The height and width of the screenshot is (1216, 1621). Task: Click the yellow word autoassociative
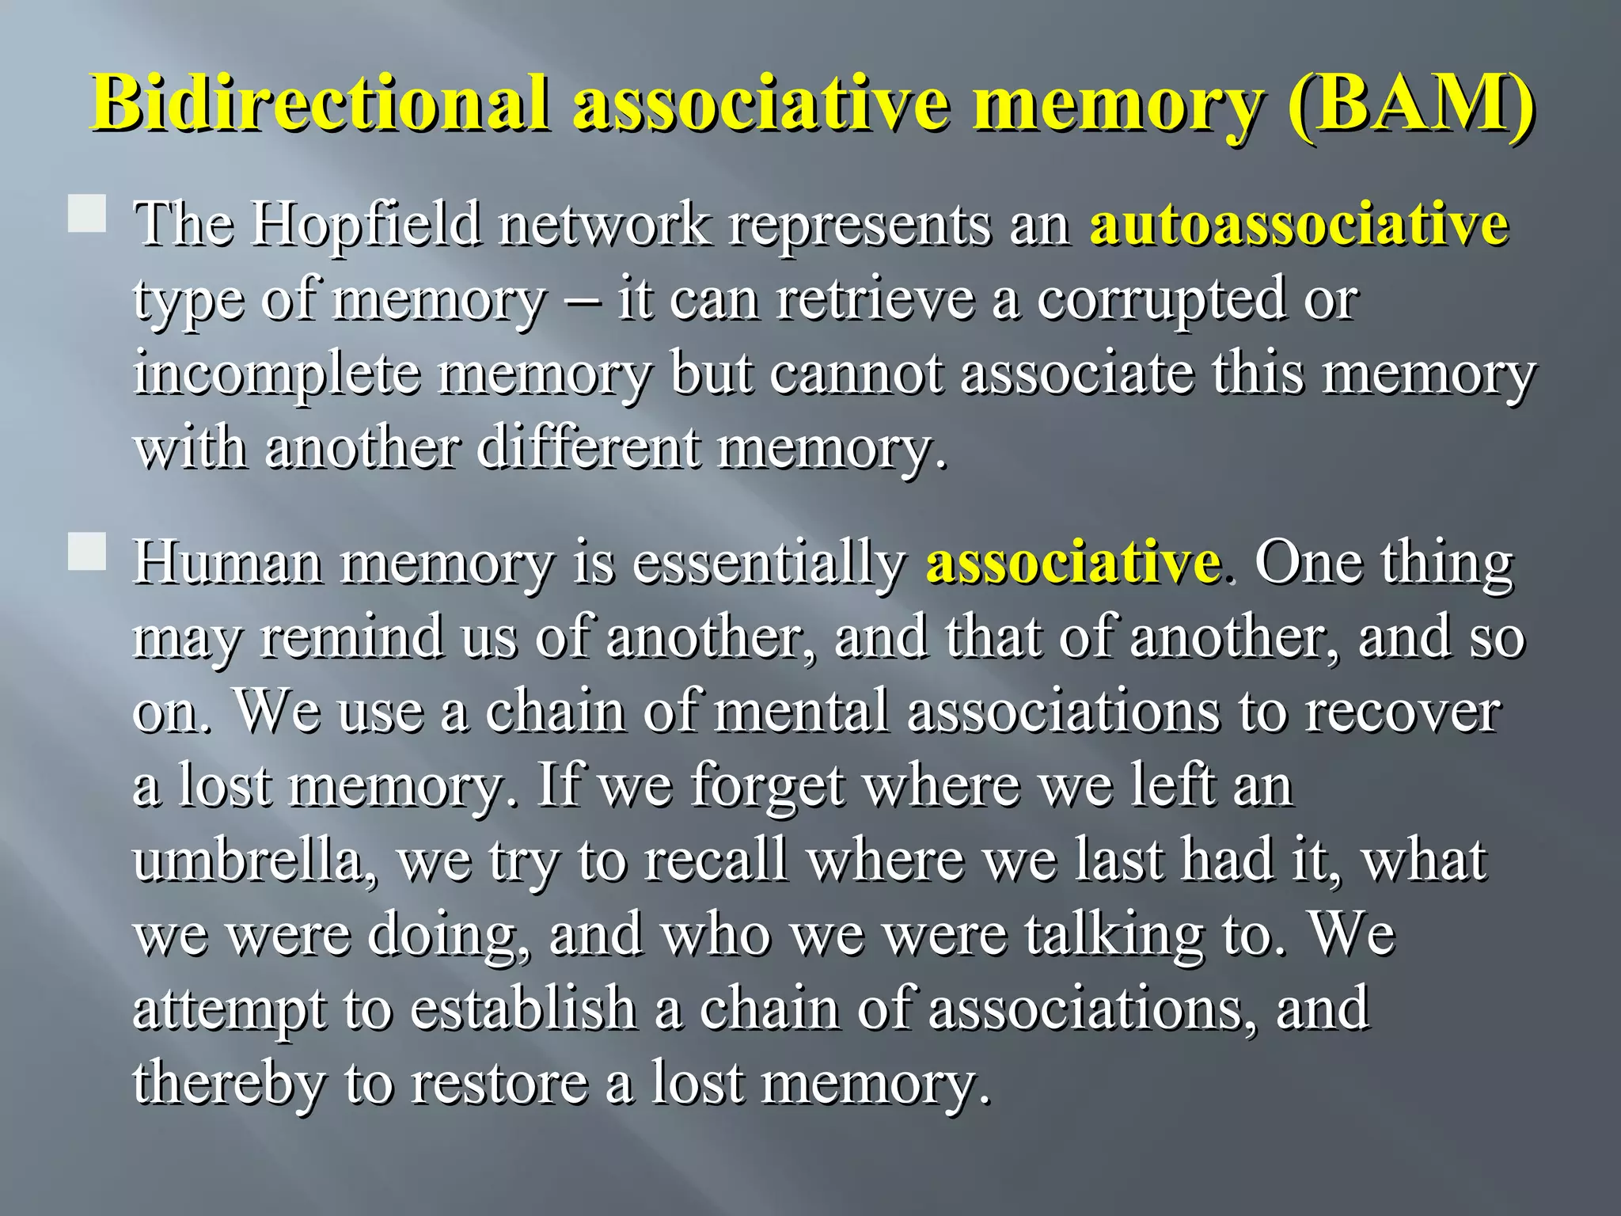[1299, 224]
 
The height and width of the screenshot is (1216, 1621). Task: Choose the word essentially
[769, 563]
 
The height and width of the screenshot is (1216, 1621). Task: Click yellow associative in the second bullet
[1072, 562]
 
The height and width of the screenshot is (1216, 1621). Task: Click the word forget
[767, 787]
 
